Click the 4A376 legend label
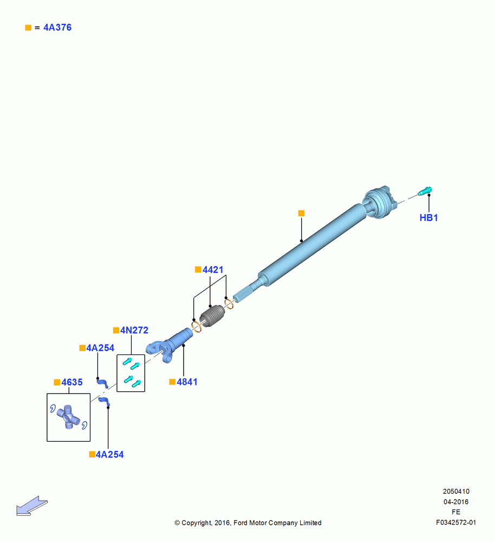click(57, 28)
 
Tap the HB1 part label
click(428, 218)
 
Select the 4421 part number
click(213, 269)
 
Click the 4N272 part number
click(134, 331)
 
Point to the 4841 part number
click(187, 382)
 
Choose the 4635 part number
click(72, 382)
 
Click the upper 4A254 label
click(100, 348)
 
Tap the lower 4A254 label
click(109, 455)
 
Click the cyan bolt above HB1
click(425, 191)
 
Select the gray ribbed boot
click(212, 317)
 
